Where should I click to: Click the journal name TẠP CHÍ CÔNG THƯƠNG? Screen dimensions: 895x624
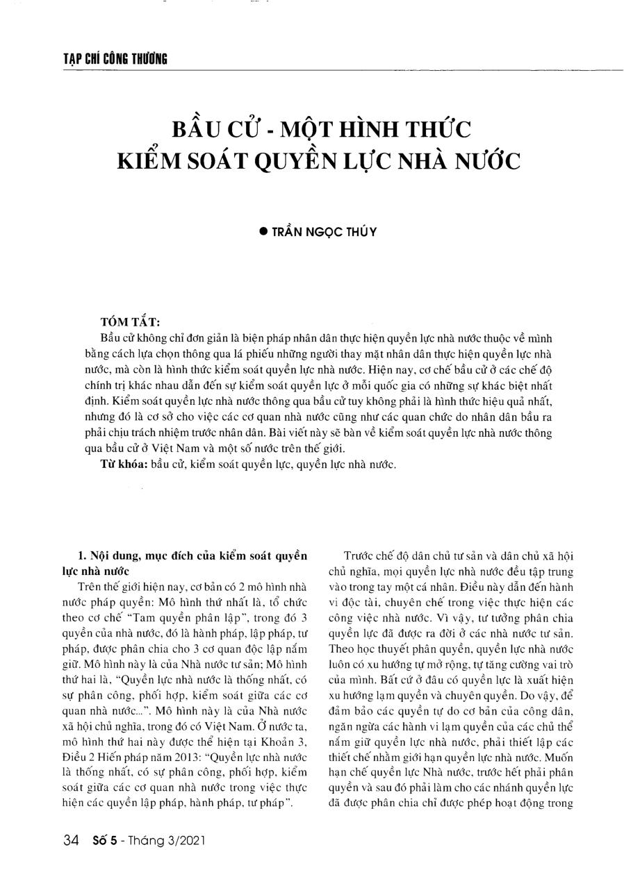[x=115, y=59]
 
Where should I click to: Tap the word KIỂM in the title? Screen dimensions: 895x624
[x=148, y=160]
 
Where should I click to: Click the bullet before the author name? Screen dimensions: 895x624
[x=263, y=232]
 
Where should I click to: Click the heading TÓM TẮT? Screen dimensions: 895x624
[x=130, y=322]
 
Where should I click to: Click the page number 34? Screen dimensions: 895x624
[x=70, y=841]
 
